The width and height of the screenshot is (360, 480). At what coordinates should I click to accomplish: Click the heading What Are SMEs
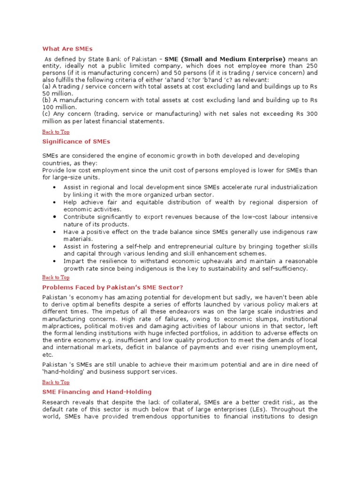pyautogui.click(x=67, y=48)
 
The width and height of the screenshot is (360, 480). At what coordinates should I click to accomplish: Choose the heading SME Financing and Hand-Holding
pyautogui.click(x=97, y=391)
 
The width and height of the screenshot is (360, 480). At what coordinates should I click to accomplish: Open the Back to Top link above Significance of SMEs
pyautogui.click(x=55, y=132)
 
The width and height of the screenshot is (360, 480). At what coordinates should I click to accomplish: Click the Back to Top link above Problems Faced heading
pyautogui.click(x=55, y=277)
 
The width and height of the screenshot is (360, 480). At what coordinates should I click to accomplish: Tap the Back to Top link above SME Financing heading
pyautogui.click(x=55, y=382)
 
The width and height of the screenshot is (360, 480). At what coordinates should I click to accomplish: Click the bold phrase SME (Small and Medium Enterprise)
pyautogui.click(x=225, y=59)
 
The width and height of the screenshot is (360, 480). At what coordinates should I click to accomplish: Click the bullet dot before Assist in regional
pyautogui.click(x=55, y=187)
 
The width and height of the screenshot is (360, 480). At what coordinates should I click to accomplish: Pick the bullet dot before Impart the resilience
pyautogui.click(x=55, y=261)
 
